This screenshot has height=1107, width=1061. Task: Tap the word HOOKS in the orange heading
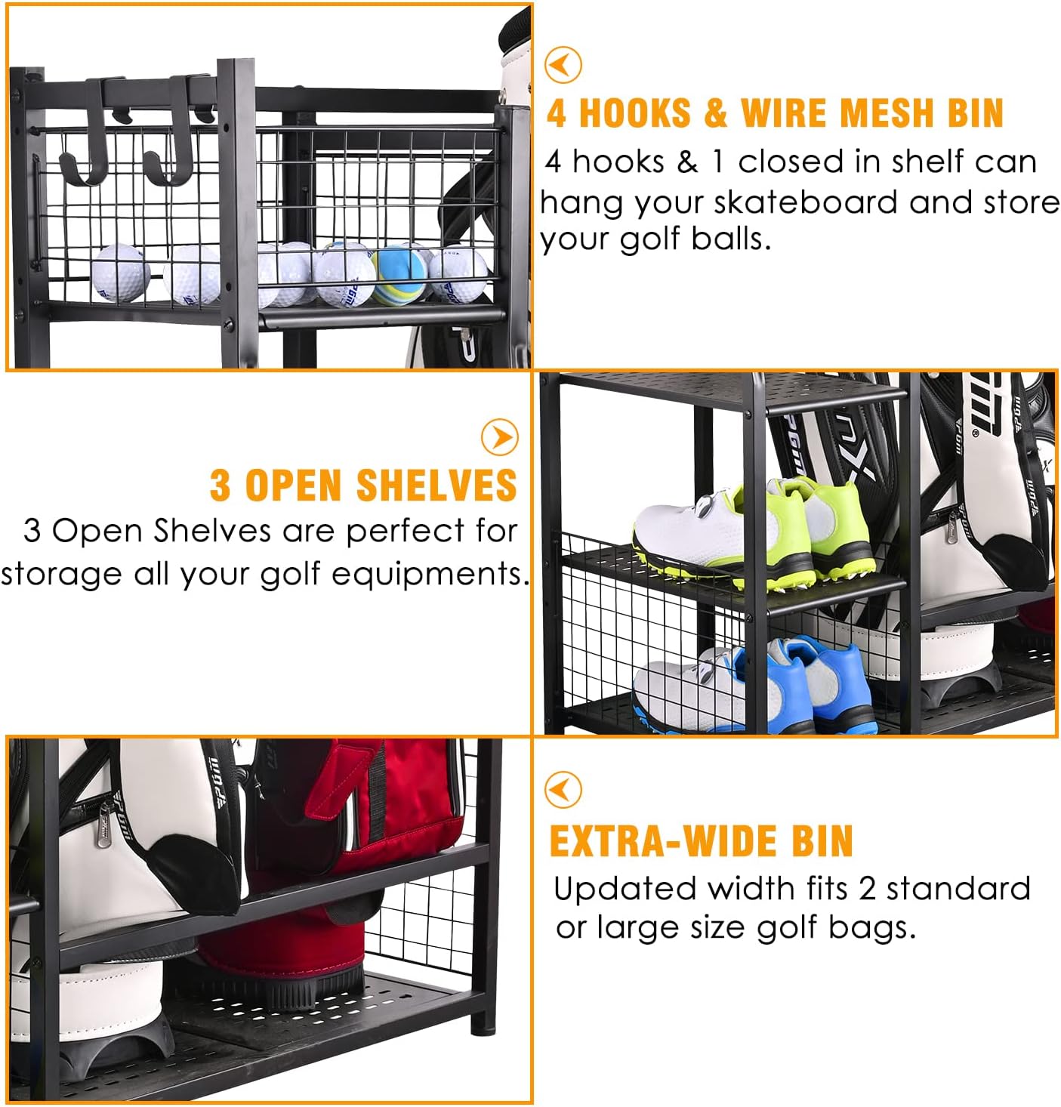point(634,113)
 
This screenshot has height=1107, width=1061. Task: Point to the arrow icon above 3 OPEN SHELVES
point(500,436)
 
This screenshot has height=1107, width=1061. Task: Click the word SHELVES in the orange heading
point(436,485)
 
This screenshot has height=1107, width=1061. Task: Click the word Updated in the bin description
point(625,889)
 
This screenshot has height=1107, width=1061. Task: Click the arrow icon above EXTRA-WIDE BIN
point(563,790)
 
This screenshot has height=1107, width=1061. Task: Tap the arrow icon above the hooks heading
point(563,65)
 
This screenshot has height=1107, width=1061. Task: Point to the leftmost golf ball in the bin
point(121,272)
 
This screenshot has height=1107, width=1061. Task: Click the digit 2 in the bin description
point(866,889)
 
